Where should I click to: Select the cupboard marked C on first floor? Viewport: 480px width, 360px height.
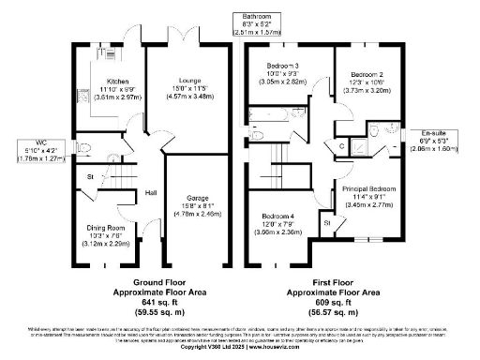coord(340,145)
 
